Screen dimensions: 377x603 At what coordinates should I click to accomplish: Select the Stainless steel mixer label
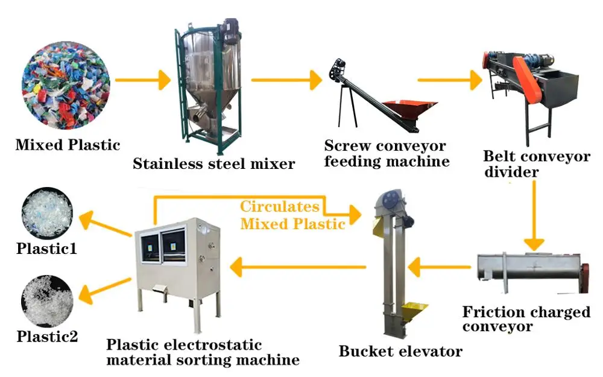point(213,163)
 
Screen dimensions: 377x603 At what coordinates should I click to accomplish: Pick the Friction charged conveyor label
point(526,319)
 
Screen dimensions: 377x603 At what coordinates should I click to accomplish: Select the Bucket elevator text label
point(400,351)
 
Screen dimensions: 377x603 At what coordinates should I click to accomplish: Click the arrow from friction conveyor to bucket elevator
point(440,266)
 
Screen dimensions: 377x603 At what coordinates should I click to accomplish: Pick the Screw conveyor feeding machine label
point(386,154)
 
